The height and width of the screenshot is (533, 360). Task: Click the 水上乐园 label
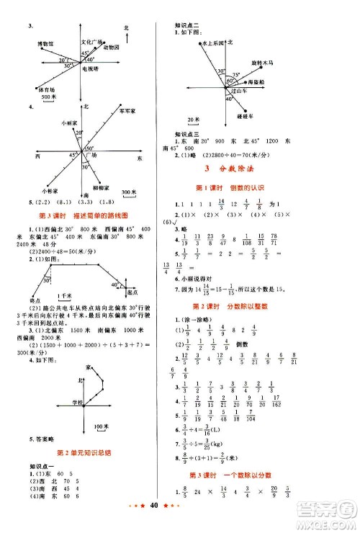point(213,44)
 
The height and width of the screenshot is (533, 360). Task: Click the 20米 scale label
point(193,117)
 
